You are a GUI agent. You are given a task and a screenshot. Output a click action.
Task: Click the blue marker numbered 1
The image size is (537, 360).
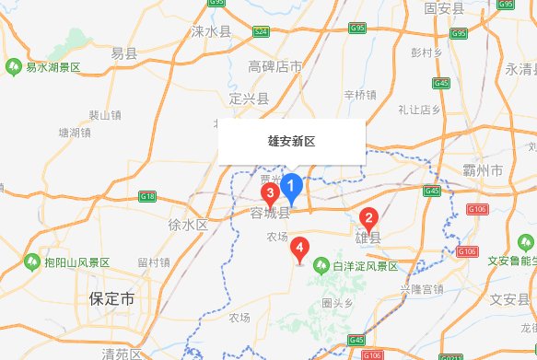tap(292, 186)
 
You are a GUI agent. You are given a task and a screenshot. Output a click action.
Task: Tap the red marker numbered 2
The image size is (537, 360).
tap(368, 219)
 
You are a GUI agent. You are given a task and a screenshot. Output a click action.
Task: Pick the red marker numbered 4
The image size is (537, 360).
tap(298, 248)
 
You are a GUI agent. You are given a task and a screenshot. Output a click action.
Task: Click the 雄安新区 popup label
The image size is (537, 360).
tap(291, 142)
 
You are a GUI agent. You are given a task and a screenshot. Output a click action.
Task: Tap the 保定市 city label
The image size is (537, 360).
tap(111, 299)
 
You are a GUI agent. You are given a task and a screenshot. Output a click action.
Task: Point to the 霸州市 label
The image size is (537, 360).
tap(482, 172)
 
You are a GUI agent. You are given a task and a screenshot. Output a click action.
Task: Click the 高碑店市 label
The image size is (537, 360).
tap(275, 67)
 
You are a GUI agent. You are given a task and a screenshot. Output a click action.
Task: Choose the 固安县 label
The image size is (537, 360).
tap(444, 8)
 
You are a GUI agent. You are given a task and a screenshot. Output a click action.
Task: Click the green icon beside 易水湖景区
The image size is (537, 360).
tap(14, 67)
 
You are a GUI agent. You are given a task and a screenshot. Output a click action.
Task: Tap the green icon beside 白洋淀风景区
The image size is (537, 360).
tap(321, 266)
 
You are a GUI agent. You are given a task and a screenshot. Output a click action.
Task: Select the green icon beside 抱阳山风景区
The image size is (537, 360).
tap(32, 261)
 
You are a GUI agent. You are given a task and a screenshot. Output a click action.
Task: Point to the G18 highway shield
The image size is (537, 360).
tap(146, 196)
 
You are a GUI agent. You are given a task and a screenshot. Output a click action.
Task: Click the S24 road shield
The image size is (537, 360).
tap(262, 32)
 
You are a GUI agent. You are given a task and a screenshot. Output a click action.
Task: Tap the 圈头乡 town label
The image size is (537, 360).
tap(338, 302)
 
